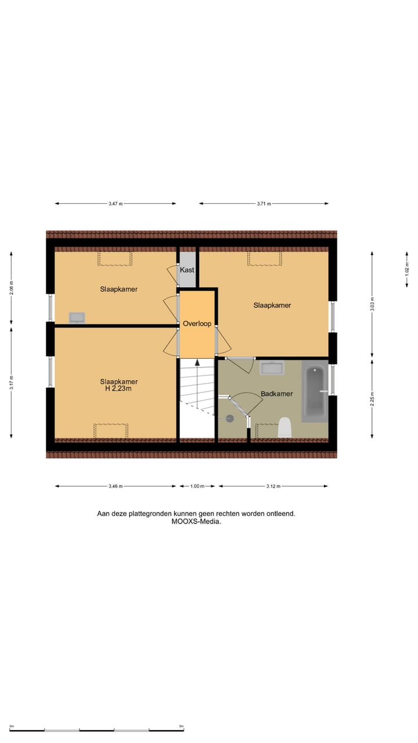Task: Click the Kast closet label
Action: pos(187,270)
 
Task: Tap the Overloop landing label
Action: pos(197,323)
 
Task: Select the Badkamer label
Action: pos(276,394)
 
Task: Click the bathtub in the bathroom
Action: pos(315,391)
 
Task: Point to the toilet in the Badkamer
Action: pos(284,428)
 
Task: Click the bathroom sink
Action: pos(271,368)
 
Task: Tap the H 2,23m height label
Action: pos(118,389)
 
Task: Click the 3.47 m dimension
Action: pos(116,204)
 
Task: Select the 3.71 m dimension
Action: pos(264,204)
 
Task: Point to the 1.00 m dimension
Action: pos(197,486)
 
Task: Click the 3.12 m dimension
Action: pos(273,486)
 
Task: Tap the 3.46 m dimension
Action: pos(115,486)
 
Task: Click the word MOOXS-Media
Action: pos(196,521)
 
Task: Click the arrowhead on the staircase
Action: pos(197,362)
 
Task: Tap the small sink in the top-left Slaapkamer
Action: pos(77,317)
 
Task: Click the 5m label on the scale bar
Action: pos(181,726)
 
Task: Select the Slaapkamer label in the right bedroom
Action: pos(272,305)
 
